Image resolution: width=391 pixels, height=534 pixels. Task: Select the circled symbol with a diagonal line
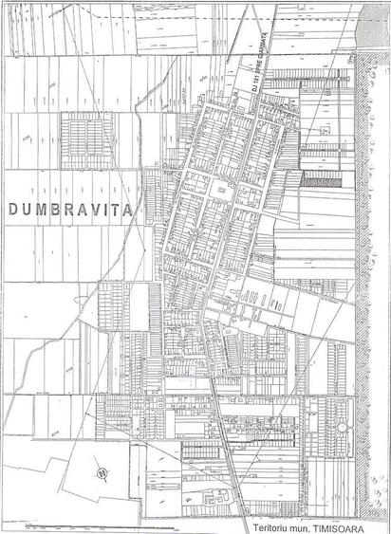(x=97, y=468)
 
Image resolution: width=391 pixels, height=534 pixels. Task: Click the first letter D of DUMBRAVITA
(x=13, y=207)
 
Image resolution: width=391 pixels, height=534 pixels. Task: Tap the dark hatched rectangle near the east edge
(x=312, y=177)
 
